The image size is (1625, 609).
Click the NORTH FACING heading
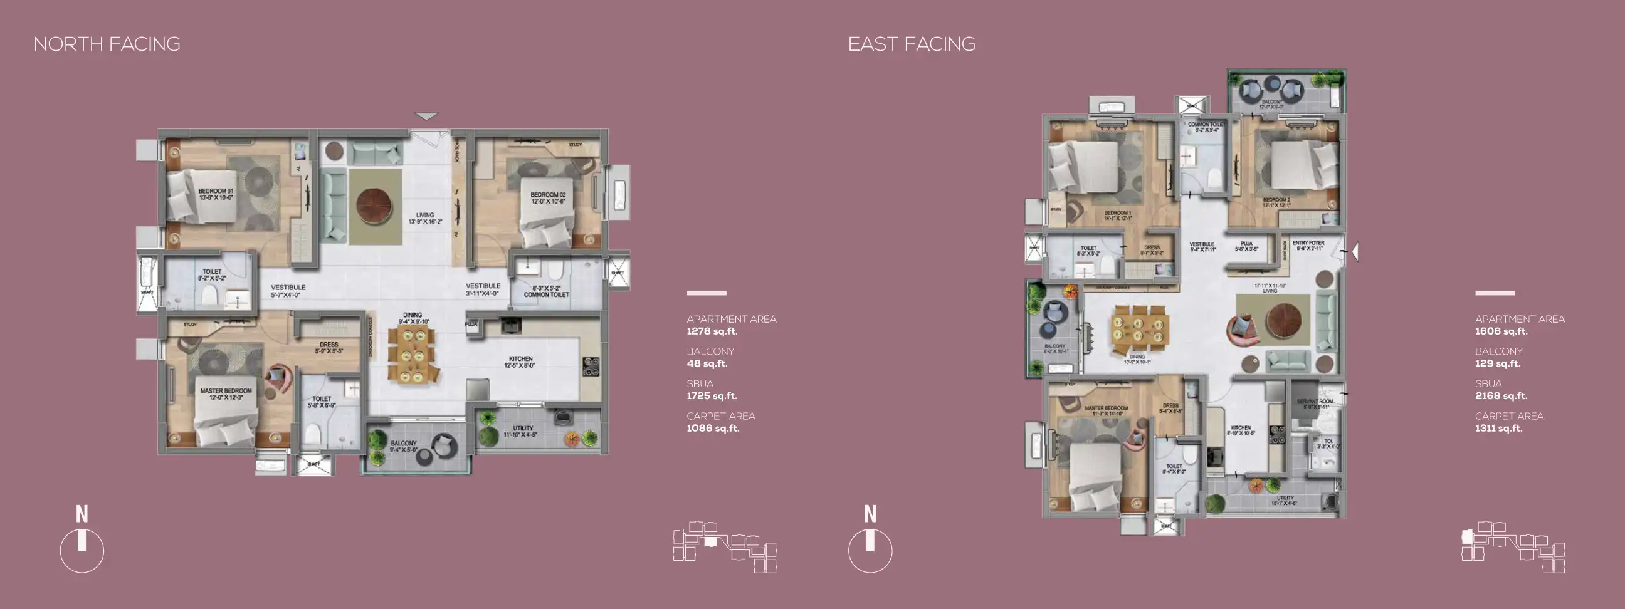pos(107,44)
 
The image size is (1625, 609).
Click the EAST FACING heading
pos(911,44)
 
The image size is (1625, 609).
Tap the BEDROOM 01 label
pos(216,194)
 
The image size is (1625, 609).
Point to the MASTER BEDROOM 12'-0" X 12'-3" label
pos(226,394)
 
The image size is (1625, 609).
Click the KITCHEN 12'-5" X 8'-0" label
pos(520,362)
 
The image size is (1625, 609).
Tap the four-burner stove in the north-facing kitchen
pos(591,367)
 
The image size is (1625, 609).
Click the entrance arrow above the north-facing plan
pos(426,116)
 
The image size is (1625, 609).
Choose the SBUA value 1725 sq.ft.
pos(712,396)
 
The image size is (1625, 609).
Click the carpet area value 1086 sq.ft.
pos(713,429)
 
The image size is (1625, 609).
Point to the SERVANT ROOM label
pos(1315,403)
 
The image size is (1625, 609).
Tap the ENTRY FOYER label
pos(1308,245)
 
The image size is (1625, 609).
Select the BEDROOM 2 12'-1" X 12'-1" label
pos(1276,202)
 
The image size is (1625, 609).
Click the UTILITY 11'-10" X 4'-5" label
pos(522,431)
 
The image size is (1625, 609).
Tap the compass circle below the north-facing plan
pos(82,550)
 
